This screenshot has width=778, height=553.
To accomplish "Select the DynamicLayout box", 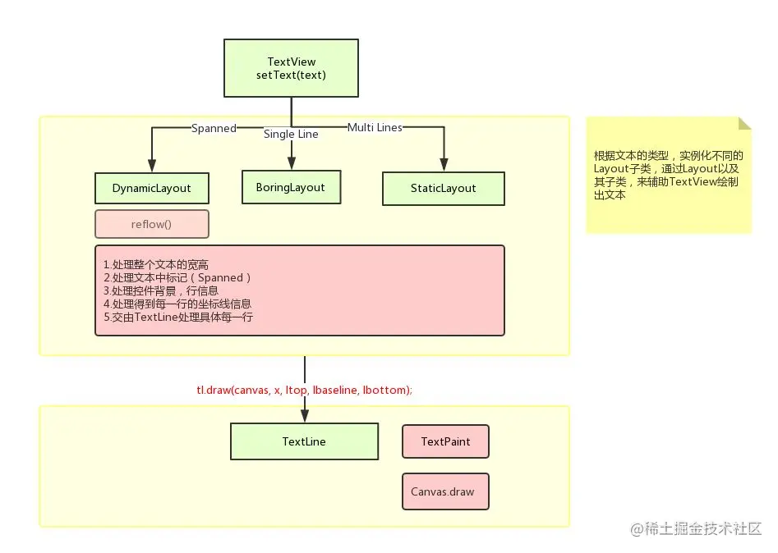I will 151,188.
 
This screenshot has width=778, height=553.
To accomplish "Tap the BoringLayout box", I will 290,187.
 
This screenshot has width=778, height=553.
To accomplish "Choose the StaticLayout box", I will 443,188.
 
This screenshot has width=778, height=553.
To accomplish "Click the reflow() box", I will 151,224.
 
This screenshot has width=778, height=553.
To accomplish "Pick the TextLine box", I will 304,441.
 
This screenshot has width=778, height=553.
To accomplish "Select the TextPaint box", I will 445,441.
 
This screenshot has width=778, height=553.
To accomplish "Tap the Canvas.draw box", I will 445,491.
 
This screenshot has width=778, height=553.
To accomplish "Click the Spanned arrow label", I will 214,128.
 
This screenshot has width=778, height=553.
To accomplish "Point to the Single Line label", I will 291,134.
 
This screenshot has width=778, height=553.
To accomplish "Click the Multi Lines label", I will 375,127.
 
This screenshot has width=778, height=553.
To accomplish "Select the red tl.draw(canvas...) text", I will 304,390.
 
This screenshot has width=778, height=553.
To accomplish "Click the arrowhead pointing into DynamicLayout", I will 152,165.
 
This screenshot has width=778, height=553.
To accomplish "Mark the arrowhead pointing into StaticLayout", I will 444,165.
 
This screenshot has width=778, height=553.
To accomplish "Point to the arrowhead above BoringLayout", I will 291,163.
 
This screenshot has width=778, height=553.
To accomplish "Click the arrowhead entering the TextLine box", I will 304,416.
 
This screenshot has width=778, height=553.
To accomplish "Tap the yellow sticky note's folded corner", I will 744,123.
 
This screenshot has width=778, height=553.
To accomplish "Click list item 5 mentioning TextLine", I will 178,317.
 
